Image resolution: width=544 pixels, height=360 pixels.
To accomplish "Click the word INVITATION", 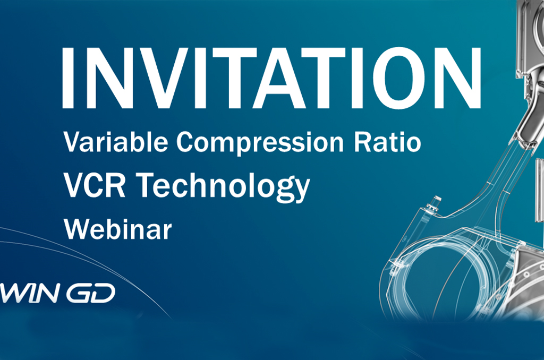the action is [271, 78].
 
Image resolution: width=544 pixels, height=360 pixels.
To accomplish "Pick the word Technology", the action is [223, 187].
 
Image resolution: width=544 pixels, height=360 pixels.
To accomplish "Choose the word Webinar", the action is [118, 229].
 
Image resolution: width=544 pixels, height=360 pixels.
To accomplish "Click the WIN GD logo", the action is [57, 293].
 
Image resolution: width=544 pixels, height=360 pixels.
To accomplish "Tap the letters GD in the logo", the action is [91, 293].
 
